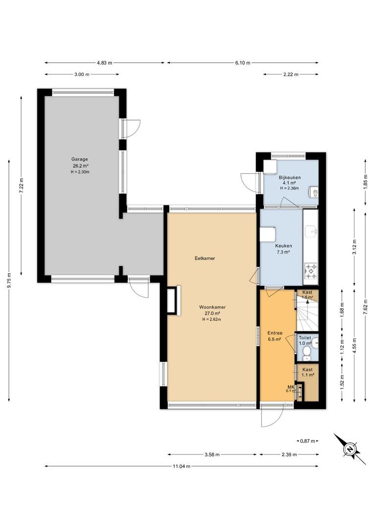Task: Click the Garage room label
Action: click(x=80, y=159)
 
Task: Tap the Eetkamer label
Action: click(x=205, y=259)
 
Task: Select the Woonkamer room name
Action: click(x=212, y=307)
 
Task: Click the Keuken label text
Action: click(x=283, y=246)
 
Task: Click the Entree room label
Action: click(x=275, y=333)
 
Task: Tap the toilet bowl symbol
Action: click(x=306, y=352)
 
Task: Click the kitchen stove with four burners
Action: click(x=310, y=272)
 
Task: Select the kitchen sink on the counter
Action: click(x=310, y=231)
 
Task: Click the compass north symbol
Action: click(x=350, y=449)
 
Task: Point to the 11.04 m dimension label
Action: click(x=182, y=466)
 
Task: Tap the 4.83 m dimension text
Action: click(x=105, y=63)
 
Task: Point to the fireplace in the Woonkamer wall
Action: click(x=174, y=300)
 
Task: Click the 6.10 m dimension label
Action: click(x=243, y=63)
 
